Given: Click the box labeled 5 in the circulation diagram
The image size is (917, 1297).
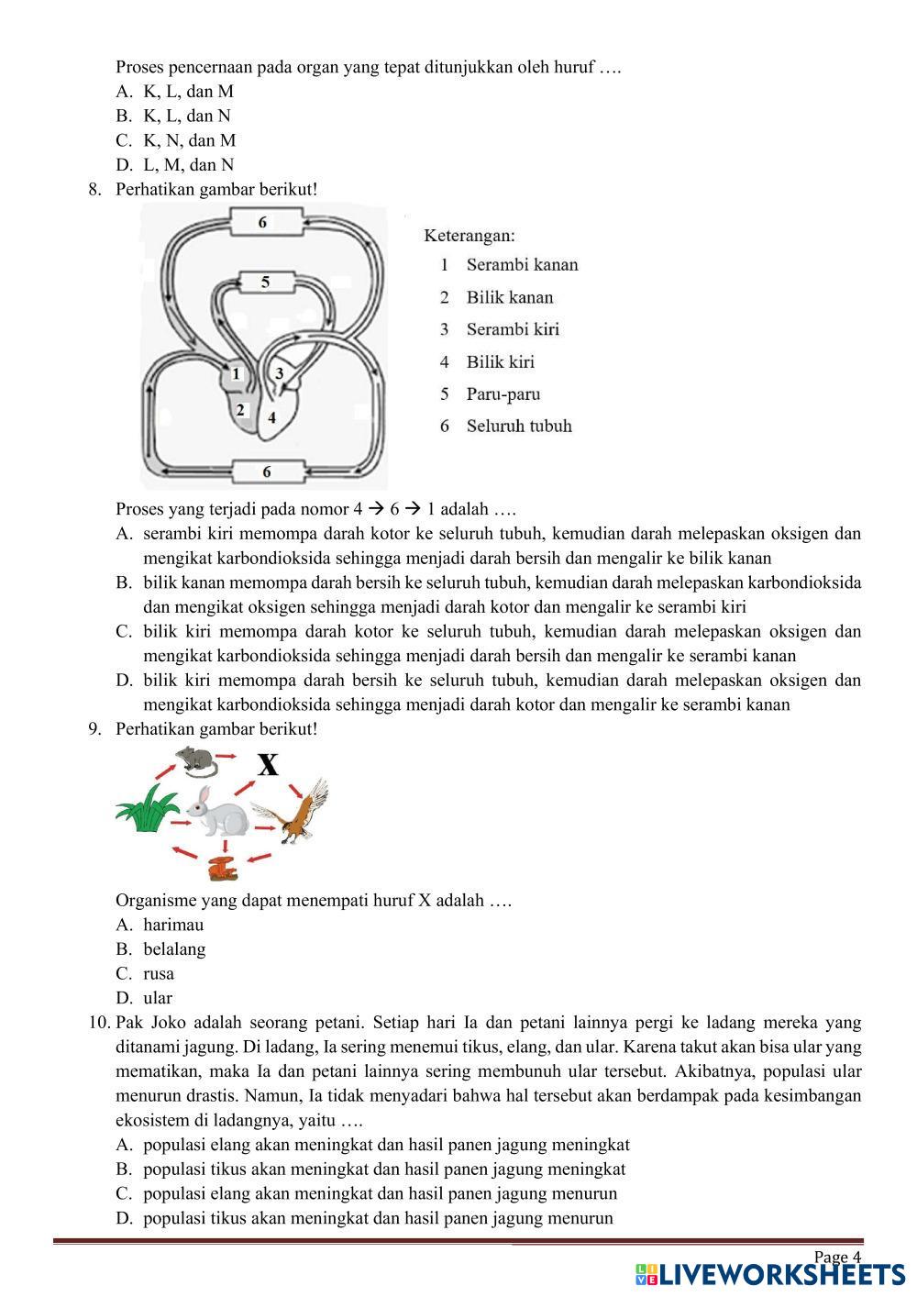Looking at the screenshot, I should click(x=266, y=282).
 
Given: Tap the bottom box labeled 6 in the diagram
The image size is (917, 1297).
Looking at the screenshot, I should click(x=267, y=471).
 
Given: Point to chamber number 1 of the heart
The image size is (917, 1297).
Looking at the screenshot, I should click(x=236, y=374).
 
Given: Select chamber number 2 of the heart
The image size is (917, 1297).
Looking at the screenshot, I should click(x=240, y=409).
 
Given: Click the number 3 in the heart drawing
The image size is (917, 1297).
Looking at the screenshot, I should click(x=280, y=373).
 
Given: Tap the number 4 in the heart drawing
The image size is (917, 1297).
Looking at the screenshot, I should click(x=271, y=417).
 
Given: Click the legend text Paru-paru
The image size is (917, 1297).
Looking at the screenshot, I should click(x=503, y=394).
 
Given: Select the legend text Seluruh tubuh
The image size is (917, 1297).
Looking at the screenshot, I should click(x=518, y=426).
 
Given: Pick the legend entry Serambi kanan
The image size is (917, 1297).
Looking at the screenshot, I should click(x=522, y=265).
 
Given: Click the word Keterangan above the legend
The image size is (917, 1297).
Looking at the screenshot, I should click(x=469, y=236).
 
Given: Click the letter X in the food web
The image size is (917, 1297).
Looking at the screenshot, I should click(x=267, y=764).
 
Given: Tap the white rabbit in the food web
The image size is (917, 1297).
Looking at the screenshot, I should click(x=216, y=811).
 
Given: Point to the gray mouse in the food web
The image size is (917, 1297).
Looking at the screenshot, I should click(x=194, y=760).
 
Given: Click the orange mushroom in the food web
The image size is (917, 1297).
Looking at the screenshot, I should click(x=222, y=867).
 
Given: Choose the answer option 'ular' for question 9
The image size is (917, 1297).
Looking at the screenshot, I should click(x=158, y=998).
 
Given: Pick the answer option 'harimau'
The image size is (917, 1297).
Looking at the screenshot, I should click(x=173, y=925).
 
